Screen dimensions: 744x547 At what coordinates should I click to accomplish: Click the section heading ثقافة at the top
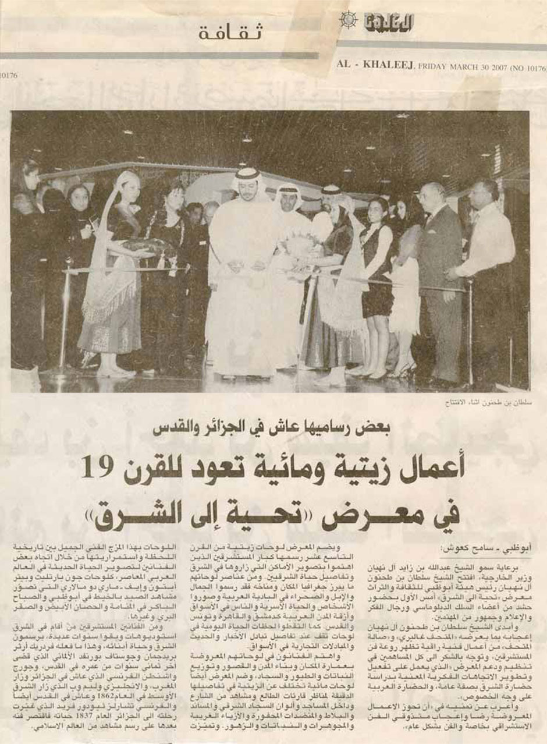230,33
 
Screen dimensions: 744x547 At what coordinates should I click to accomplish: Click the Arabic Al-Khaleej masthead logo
388,23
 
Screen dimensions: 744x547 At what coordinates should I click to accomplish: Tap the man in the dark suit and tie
439,256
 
